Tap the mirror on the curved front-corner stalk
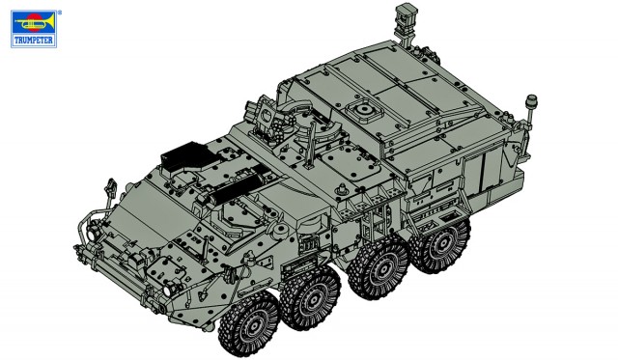tap(112, 183)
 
